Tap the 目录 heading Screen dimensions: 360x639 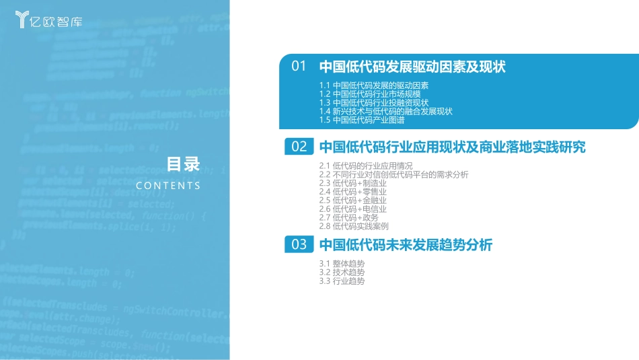pyautogui.click(x=184, y=164)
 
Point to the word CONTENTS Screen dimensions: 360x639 pyautogui.click(x=168, y=186)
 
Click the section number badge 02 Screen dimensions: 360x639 pyautogui.click(x=299, y=147)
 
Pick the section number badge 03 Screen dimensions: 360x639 pyautogui.click(x=299, y=245)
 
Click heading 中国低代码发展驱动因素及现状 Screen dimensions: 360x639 pyautogui.click(x=412, y=67)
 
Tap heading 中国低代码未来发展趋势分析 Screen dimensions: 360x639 pyautogui.click(x=406, y=245)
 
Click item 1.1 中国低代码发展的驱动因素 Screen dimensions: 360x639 pyautogui.click(x=374, y=85)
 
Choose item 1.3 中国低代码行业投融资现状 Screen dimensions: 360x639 pyautogui.click(x=374, y=103)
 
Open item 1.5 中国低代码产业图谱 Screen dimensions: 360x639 pyautogui.click(x=362, y=120)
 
